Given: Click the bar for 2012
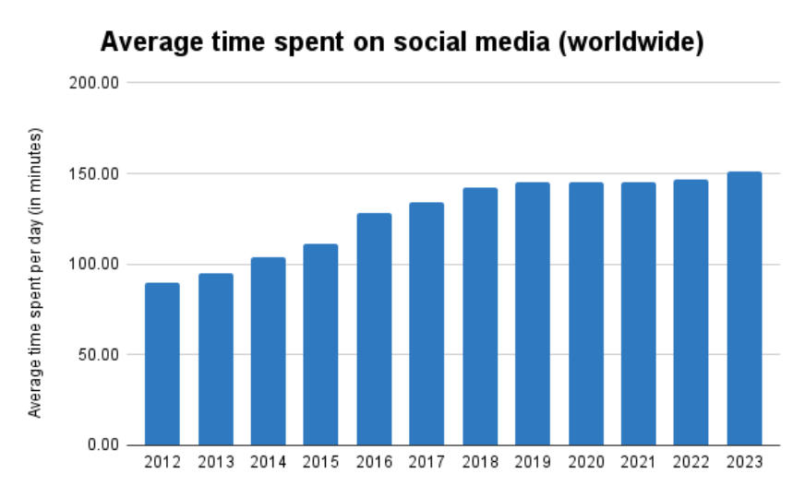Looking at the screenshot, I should tap(162, 364).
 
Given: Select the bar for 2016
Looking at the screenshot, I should tap(374, 329).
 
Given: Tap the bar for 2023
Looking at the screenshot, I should tap(744, 309).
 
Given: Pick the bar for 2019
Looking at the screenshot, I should tap(533, 314).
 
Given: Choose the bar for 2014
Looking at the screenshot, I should tap(269, 351).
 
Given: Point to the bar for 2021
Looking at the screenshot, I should tap(638, 314).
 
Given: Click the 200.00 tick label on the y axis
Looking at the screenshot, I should tap(96, 83).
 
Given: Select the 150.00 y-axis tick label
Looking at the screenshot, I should tap(96, 173).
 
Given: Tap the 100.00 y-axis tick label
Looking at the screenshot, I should tap(96, 265).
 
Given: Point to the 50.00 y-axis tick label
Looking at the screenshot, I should tap(100, 355).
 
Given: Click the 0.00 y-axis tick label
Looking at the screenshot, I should tap(103, 445).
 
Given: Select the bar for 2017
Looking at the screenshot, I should tap(427, 324).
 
